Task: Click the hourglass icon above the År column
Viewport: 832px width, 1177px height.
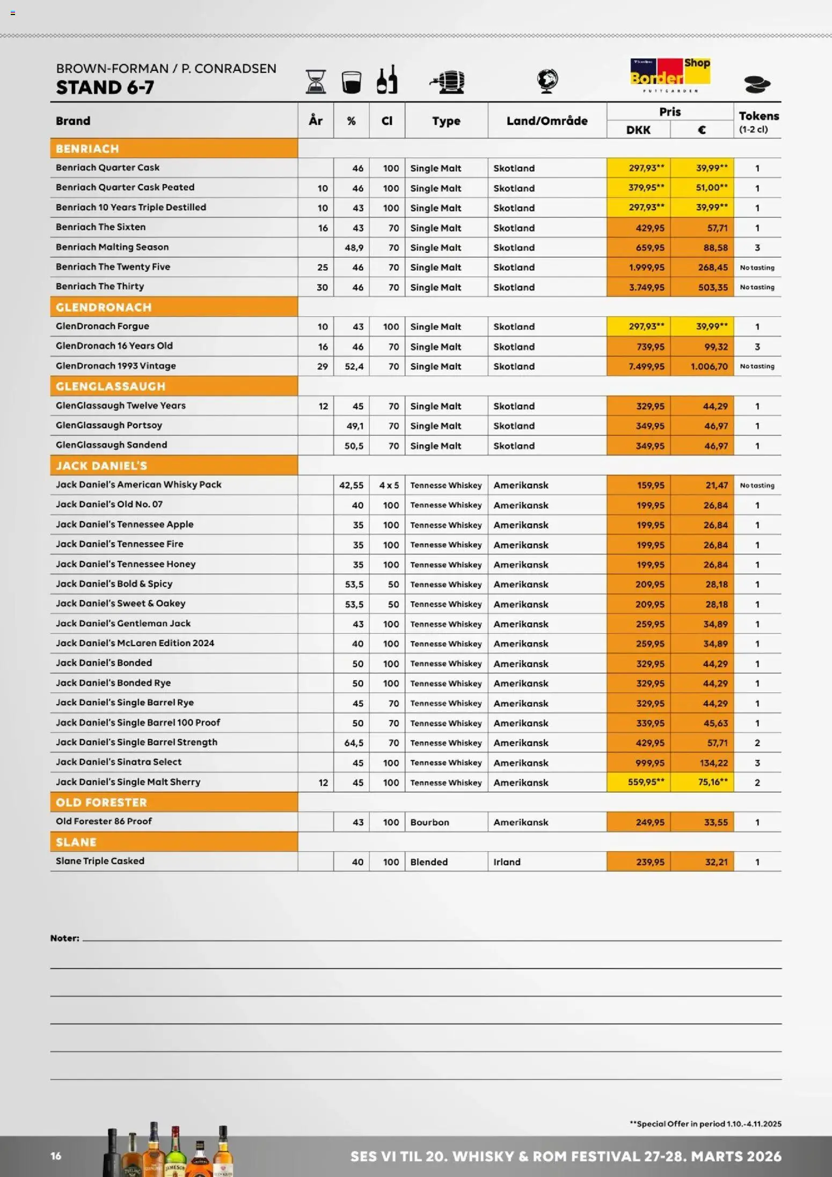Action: click(x=316, y=82)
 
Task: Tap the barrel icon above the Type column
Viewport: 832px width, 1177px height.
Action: click(x=447, y=82)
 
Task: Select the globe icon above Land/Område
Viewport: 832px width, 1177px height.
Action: click(x=547, y=81)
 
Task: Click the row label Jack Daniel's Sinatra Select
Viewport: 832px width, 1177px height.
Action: click(x=119, y=762)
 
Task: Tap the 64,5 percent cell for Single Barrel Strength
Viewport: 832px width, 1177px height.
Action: click(x=354, y=743)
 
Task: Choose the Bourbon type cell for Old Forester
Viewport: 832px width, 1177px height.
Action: click(x=429, y=822)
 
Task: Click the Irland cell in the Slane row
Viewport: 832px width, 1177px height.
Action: click(x=507, y=862)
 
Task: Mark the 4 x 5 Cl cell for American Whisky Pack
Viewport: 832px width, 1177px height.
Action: click(x=389, y=485)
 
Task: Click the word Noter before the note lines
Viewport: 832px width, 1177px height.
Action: click(x=64, y=938)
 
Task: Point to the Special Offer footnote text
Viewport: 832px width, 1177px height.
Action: click(x=705, y=1123)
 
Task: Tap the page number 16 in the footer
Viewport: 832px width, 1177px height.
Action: click(x=56, y=1156)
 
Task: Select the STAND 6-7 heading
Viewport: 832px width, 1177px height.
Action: click(x=105, y=87)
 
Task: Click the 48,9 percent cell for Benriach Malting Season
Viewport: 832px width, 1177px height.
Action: click(x=354, y=247)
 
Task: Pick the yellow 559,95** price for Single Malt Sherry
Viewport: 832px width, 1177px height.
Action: click(x=646, y=783)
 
